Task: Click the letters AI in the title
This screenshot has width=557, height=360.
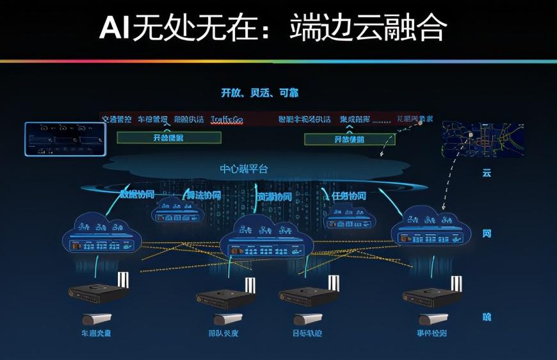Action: [115, 29]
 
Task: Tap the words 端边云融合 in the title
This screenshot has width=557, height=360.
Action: [368, 29]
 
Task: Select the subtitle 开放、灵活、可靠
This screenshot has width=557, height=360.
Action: [259, 93]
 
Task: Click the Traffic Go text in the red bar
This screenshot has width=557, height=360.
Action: [227, 119]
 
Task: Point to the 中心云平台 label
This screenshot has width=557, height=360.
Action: [244, 168]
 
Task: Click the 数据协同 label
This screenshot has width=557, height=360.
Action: [138, 195]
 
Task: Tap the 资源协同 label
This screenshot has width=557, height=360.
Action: [274, 196]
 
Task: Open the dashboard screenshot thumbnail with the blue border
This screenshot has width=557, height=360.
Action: [65, 138]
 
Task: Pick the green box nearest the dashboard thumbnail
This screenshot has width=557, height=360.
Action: [169, 138]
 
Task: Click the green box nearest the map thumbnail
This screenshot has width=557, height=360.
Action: [349, 139]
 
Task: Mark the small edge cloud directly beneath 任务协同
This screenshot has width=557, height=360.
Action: [349, 218]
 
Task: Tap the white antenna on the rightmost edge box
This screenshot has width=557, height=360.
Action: [456, 283]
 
